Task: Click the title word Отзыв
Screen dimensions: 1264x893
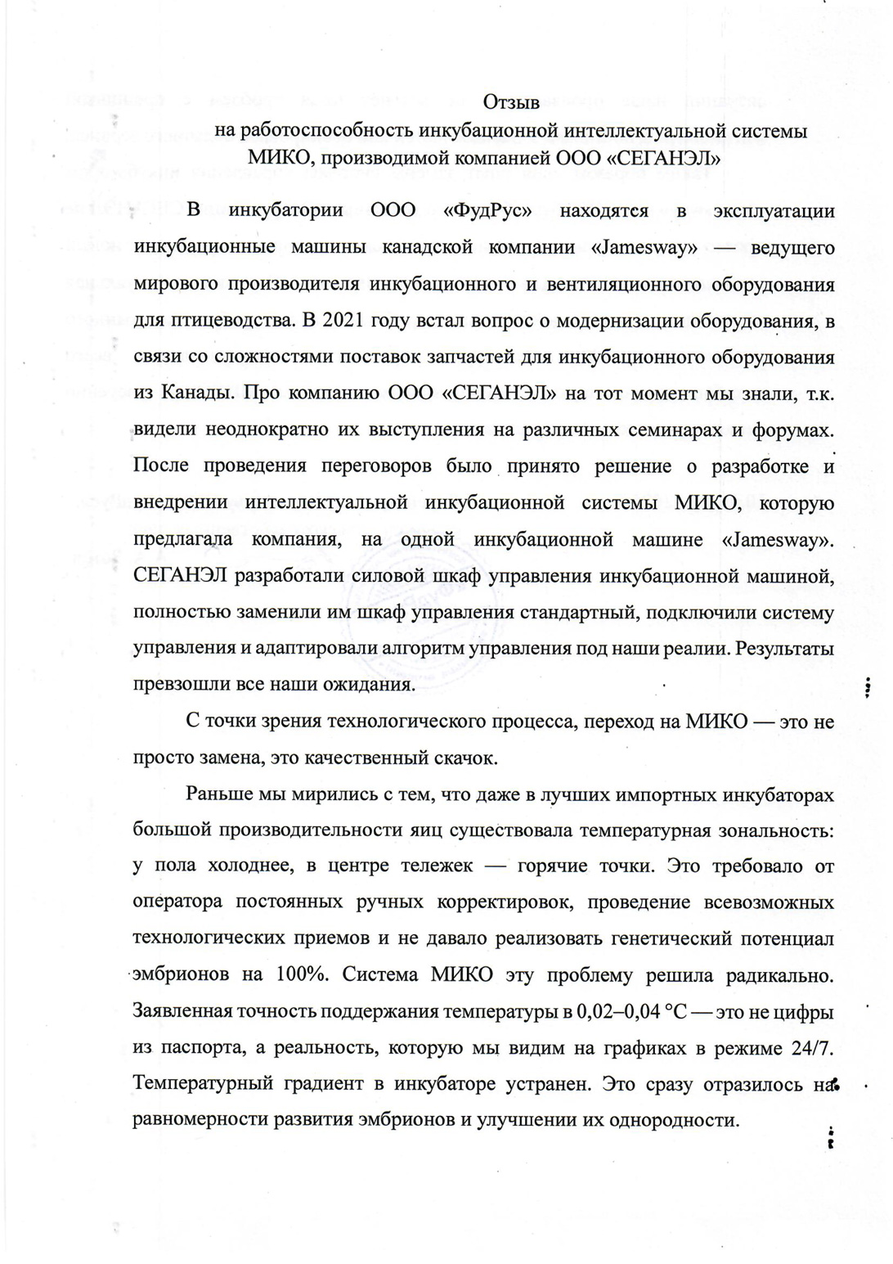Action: coord(511,103)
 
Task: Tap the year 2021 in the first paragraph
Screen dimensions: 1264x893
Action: coord(345,320)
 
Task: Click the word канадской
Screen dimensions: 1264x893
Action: coord(434,247)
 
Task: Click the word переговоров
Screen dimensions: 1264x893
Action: coord(376,466)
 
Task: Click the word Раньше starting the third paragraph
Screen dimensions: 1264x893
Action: coord(219,794)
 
